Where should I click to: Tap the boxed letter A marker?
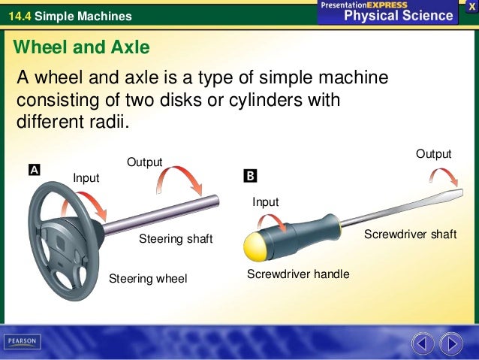coord(35,171)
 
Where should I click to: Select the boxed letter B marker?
coord(250,176)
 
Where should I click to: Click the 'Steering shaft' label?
coord(176,239)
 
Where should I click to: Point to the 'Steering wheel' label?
coord(148,279)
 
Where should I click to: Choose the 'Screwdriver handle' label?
coord(298,274)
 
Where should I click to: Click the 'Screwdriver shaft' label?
coord(410,234)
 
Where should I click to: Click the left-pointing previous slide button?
coord(422,343)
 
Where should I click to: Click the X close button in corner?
coord(471,6)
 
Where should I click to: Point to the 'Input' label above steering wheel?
coord(86,177)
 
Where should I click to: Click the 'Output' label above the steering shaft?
coord(144,162)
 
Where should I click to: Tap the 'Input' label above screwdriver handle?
coord(265,202)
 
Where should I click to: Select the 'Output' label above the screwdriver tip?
coord(434,154)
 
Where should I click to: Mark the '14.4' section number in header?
coord(18,16)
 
